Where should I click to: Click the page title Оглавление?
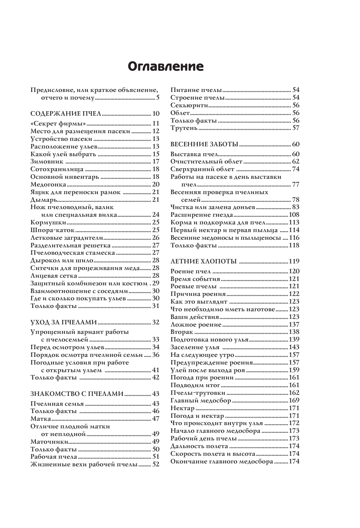[166, 66]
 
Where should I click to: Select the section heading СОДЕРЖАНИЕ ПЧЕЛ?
[66, 113]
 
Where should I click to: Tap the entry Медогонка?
[49, 184]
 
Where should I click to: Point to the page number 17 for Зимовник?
[156, 161]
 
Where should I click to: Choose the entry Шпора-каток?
[53, 230]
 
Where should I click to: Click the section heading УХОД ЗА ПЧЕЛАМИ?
[63, 322]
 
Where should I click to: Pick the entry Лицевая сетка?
[54, 275]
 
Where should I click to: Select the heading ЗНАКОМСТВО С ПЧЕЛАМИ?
[77, 394]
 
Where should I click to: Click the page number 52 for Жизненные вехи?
[156, 464]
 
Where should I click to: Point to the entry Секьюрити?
[189, 105]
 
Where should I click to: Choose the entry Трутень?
[184, 128]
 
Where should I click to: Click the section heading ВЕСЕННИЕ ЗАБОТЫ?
[204, 144]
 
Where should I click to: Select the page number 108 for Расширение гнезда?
[294, 215]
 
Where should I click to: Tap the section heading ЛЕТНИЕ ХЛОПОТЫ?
[204, 261]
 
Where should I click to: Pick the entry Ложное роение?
[196, 324]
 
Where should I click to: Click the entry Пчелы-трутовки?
[198, 393]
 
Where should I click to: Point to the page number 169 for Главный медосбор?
[294, 401]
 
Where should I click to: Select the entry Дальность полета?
[199, 446]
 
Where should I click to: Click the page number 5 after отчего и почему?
[158, 97]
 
